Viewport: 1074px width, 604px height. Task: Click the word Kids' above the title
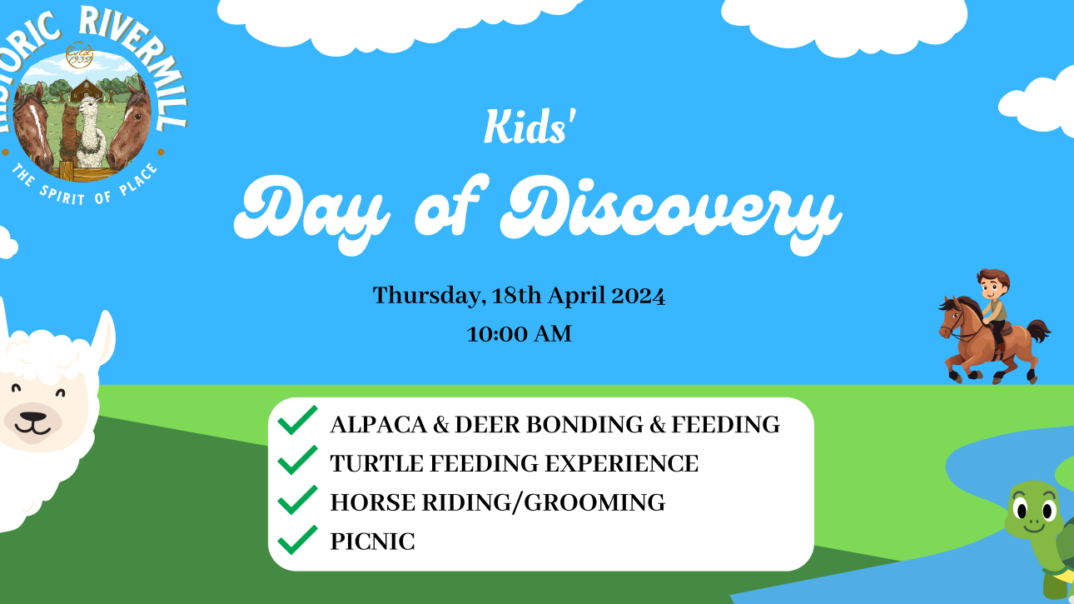coord(530,127)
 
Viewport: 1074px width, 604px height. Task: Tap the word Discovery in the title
coord(670,213)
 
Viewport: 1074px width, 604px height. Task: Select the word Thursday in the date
coord(426,296)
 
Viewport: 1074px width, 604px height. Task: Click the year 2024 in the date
coord(639,296)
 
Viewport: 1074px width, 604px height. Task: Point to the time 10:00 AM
coord(520,334)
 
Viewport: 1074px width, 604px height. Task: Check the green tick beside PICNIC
coord(297,540)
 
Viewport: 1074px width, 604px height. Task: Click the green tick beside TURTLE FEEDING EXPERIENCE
coord(297,460)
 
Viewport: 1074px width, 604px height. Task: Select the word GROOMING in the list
coord(594,502)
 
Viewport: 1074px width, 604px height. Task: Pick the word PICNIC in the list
coord(372,542)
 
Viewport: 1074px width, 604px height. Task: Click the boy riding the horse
coord(994,307)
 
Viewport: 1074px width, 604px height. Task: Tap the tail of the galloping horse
coord(1038,332)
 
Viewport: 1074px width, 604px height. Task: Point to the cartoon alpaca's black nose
coord(33,417)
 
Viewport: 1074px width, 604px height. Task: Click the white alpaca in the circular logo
coord(91,133)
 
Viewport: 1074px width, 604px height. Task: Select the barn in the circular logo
coord(87,90)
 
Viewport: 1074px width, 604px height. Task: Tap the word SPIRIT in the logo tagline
coord(62,195)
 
